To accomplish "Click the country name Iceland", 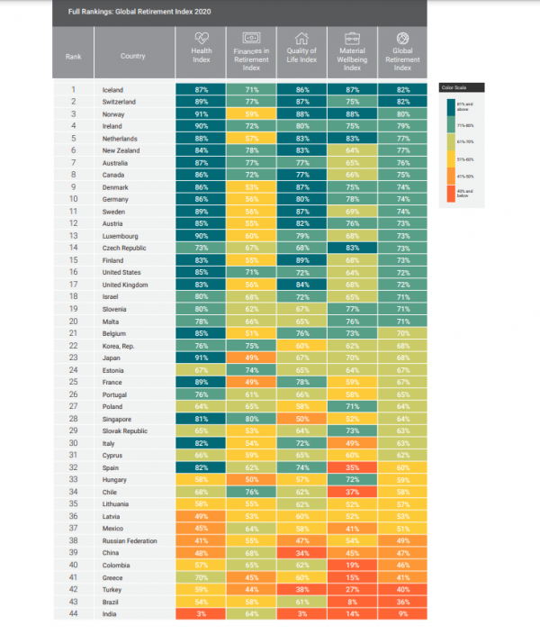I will tap(112, 90).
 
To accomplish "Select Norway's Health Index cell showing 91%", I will tap(200, 114).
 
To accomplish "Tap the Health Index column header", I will tap(200, 52).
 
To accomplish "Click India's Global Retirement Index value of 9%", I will tap(402, 613).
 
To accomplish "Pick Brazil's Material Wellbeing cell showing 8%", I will tap(352, 602).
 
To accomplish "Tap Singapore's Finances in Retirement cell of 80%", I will tap(250, 419).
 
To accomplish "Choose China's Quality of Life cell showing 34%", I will tap(301, 553).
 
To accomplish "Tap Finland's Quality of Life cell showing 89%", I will tap(301, 260).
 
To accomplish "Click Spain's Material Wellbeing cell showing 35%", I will tap(352, 467).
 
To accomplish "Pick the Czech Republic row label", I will tap(124, 248).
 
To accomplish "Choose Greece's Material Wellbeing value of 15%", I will tap(352, 577).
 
